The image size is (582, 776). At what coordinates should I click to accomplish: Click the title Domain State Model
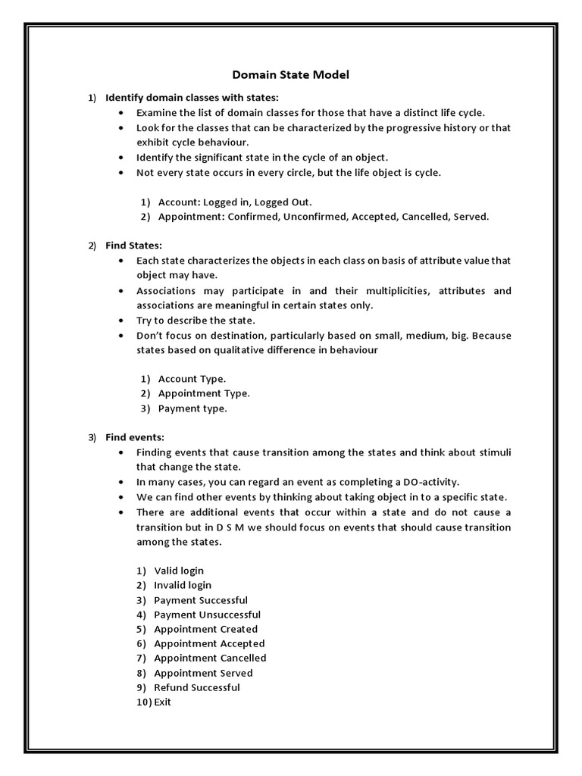pos(290,75)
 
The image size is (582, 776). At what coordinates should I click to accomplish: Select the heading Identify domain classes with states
pos(192,98)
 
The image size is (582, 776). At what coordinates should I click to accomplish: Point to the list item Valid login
pos(179,571)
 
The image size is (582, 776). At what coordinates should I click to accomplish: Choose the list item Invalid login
pos(183,585)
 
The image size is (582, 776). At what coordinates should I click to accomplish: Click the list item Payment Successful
pos(201,600)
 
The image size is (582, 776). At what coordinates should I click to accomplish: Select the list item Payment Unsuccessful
pos(207,615)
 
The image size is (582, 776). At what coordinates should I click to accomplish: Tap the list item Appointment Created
pos(205,629)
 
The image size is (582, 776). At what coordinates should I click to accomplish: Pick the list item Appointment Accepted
pos(209,643)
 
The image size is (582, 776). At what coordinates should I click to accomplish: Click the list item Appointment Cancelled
pos(210,658)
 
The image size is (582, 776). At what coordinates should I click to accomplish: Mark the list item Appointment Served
pos(203,673)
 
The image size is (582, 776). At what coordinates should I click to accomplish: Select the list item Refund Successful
pos(197,687)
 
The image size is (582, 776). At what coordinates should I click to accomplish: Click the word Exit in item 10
pos(162,702)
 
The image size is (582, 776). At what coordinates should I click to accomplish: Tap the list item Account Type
pos(192,379)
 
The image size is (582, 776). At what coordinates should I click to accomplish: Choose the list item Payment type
pos(192,408)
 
